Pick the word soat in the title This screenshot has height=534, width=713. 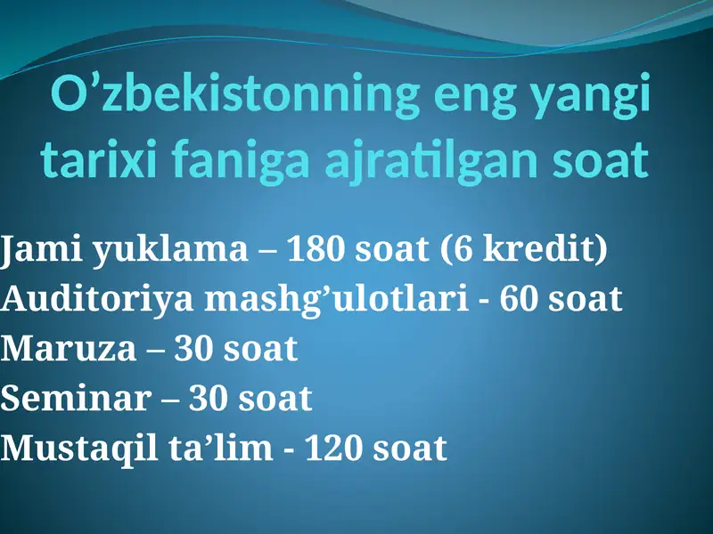pyautogui.click(x=600, y=161)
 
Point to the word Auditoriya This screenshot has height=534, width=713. pyautogui.click(x=98, y=300)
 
